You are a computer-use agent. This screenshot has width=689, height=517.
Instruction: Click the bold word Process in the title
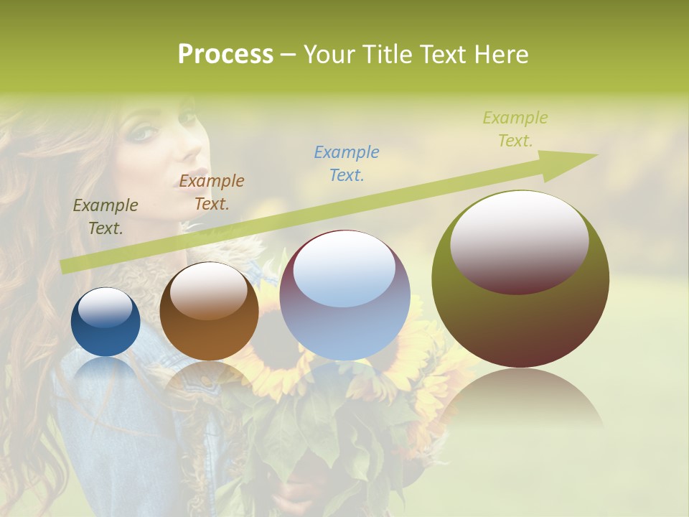tap(225, 55)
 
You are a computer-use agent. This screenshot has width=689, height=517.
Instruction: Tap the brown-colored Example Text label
tap(212, 192)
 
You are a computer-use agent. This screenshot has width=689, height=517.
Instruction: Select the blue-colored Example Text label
tap(347, 163)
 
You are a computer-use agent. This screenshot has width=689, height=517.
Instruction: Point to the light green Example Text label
tap(515, 129)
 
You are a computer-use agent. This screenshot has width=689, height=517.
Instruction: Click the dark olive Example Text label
tap(106, 217)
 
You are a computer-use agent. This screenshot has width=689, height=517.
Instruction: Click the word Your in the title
tap(331, 55)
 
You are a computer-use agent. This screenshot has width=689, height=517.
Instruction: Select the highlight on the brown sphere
tap(209, 291)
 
